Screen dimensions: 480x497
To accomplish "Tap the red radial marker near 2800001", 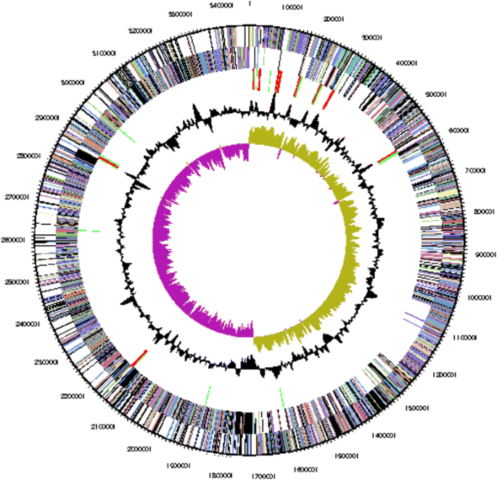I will [x=110, y=161].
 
